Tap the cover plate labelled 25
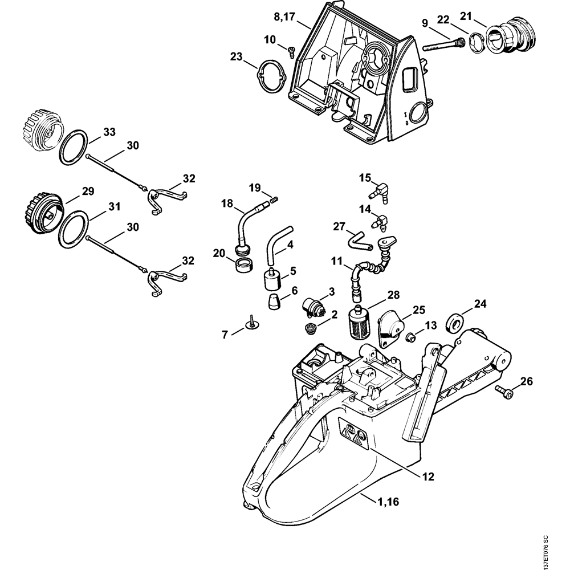[391, 328]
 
